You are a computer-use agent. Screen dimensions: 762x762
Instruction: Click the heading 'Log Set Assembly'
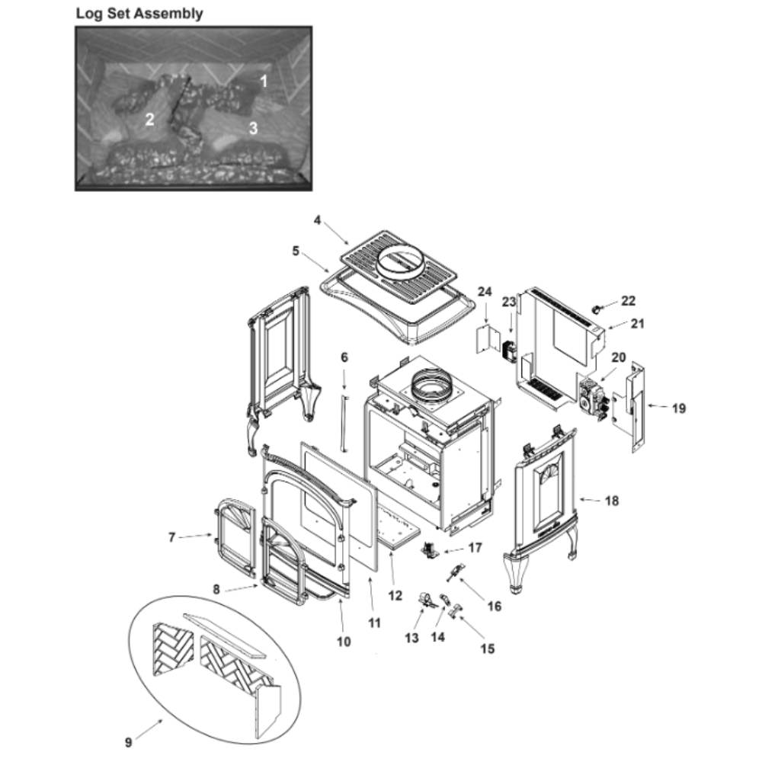[x=139, y=14]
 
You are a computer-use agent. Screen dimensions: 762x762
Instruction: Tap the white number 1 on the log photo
[x=264, y=82]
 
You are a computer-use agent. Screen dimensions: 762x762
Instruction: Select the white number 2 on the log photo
[x=149, y=119]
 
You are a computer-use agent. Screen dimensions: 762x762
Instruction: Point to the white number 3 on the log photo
[x=253, y=128]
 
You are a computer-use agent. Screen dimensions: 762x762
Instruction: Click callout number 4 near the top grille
[x=317, y=220]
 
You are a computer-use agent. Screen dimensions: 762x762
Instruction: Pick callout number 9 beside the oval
[x=128, y=742]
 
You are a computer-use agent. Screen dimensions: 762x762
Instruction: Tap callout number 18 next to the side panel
[x=612, y=501]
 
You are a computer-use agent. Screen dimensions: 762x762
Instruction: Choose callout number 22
[x=628, y=301]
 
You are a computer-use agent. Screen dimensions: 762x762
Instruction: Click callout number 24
[x=485, y=292]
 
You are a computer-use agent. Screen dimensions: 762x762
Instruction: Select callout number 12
[x=395, y=595]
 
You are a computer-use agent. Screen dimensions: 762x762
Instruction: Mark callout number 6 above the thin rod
[x=344, y=357]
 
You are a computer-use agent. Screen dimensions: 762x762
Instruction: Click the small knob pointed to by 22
[x=595, y=309]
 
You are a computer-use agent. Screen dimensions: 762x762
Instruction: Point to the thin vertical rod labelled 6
[x=344, y=422]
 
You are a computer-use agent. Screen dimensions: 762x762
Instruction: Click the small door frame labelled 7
[x=235, y=539]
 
